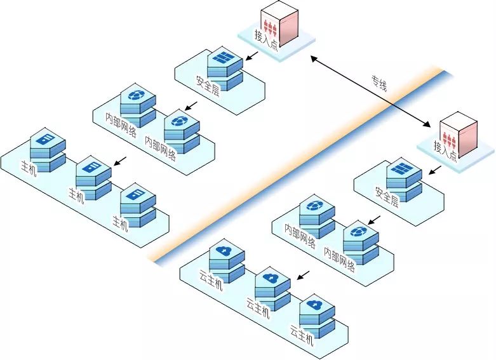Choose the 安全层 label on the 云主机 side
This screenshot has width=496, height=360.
pyautogui.click(x=386, y=197)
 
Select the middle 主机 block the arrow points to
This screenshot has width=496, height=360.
pyautogui.click(x=93, y=175)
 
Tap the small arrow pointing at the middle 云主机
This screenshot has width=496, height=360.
pyautogui.click(x=304, y=274)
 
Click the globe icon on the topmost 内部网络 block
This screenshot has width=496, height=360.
pyautogui.click(x=136, y=96)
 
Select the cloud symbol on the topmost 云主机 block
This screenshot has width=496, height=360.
pyautogui.click(x=225, y=251)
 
